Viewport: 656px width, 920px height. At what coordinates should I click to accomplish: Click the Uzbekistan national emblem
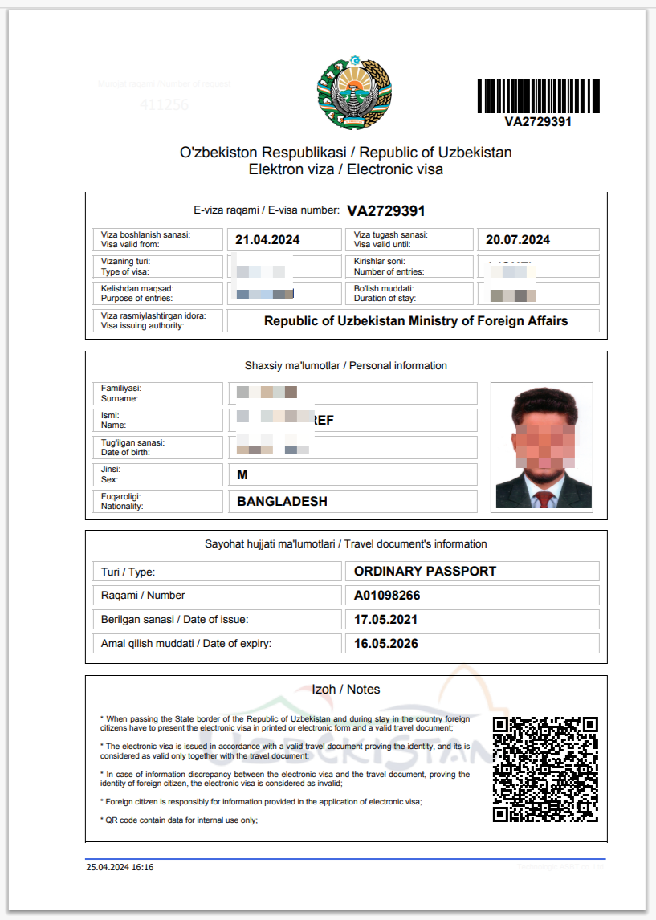tap(355, 94)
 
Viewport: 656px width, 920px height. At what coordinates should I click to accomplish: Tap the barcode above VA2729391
tap(538, 96)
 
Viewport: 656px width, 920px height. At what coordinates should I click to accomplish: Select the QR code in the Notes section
tap(545, 769)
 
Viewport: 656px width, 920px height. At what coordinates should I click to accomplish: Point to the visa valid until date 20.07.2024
tap(518, 240)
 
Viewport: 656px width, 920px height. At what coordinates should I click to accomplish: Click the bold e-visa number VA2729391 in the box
tap(385, 211)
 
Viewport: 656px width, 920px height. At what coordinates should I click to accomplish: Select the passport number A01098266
tap(387, 596)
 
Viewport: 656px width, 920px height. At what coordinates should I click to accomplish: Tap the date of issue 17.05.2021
tap(385, 620)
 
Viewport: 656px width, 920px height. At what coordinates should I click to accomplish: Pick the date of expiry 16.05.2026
tap(385, 644)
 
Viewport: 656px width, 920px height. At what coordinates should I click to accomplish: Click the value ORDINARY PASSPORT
tap(425, 572)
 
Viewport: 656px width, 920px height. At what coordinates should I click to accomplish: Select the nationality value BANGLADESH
tap(282, 502)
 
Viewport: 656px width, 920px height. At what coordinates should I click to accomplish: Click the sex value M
tap(242, 475)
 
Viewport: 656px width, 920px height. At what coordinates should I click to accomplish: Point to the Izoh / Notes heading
tap(345, 690)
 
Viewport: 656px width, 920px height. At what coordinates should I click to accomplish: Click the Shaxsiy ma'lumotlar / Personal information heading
tap(345, 366)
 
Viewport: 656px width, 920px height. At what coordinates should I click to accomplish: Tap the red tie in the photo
tap(544, 499)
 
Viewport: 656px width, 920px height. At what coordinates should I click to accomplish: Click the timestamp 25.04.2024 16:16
tap(120, 867)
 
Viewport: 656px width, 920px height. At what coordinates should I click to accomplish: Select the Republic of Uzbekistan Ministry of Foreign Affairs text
tap(416, 321)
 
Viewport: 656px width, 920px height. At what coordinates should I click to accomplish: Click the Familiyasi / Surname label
tap(120, 393)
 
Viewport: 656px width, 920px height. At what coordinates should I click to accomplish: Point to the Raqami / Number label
tap(143, 596)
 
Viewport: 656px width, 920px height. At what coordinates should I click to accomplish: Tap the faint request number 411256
tap(164, 104)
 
